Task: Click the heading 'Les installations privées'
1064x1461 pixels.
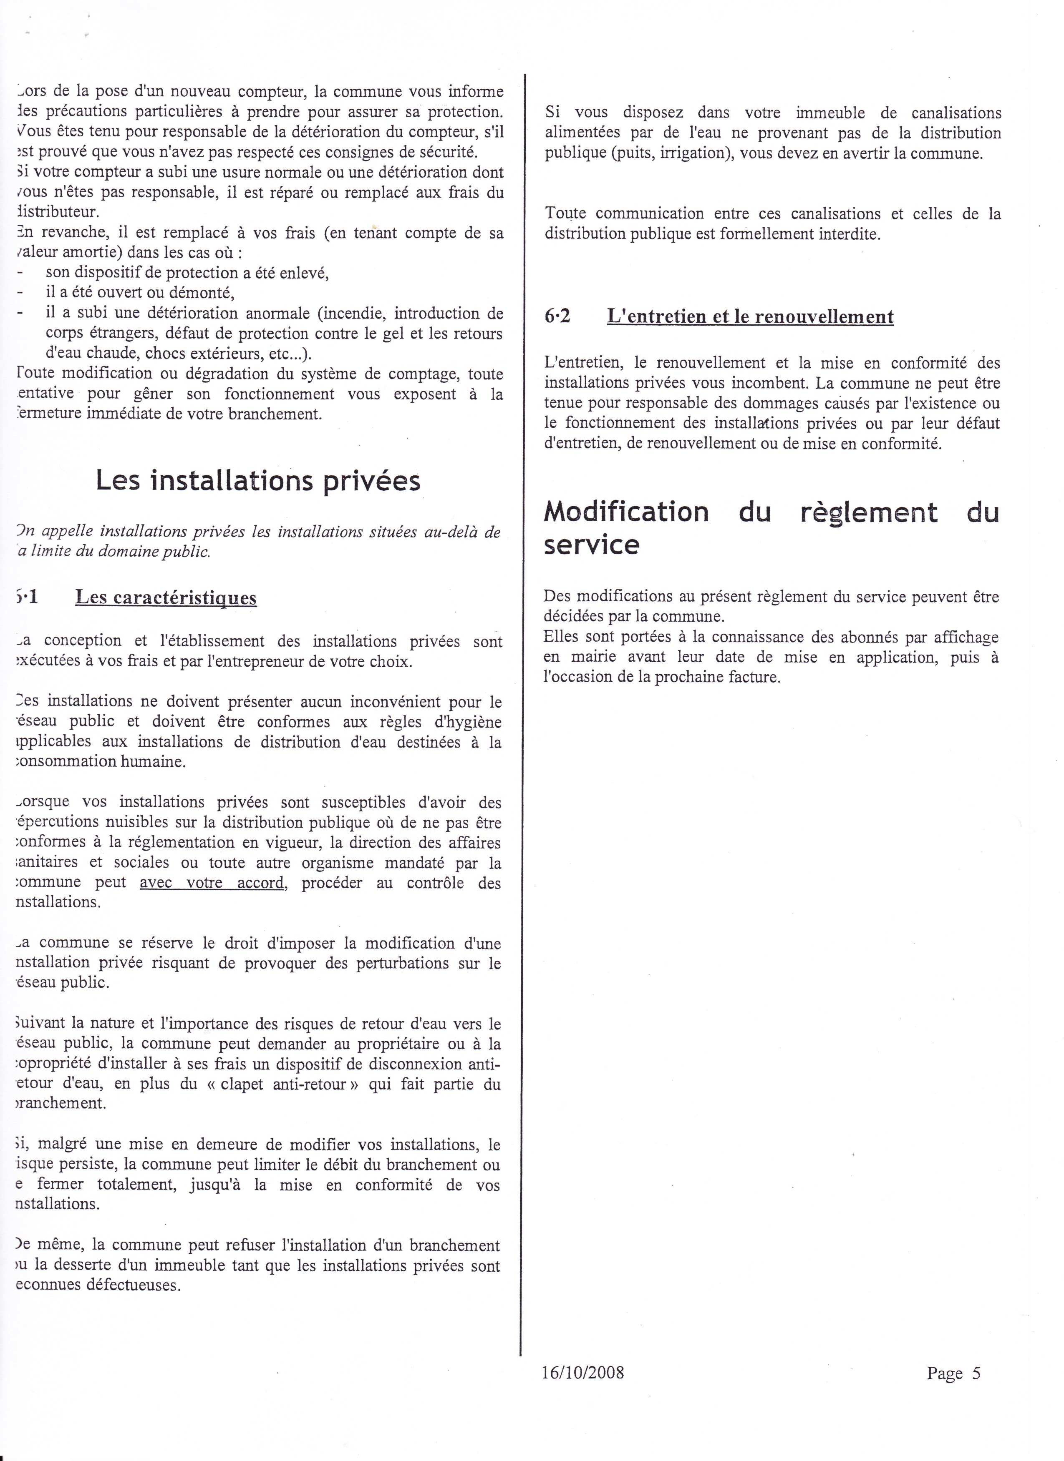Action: click(258, 481)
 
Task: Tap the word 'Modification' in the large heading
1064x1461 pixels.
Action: click(626, 512)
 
